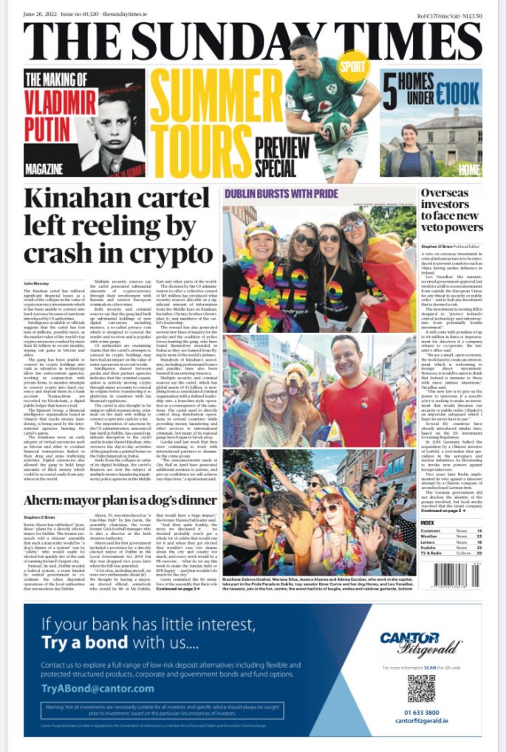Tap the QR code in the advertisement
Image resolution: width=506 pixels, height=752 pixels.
coord(421,689)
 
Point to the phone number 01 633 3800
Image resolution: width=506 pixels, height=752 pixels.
coord(421,713)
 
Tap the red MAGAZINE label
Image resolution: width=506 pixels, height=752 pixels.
coord(44,170)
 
